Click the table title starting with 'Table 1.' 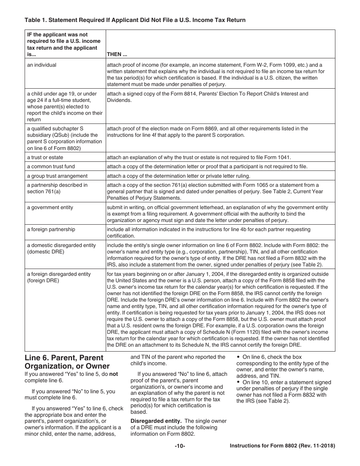click(135, 20)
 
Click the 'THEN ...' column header click(117, 54)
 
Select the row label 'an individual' click(42, 65)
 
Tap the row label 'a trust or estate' click(45, 157)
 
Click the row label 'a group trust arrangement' click(52, 176)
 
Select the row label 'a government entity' click(50, 207)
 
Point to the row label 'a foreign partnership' click(51, 229)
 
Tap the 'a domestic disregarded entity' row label click(61, 245)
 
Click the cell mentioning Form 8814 click(207, 97)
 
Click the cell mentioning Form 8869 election click(207, 131)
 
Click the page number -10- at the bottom click(180, 446)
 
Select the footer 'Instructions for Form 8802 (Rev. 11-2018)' click(282, 446)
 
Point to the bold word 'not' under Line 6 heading click(114, 374)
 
